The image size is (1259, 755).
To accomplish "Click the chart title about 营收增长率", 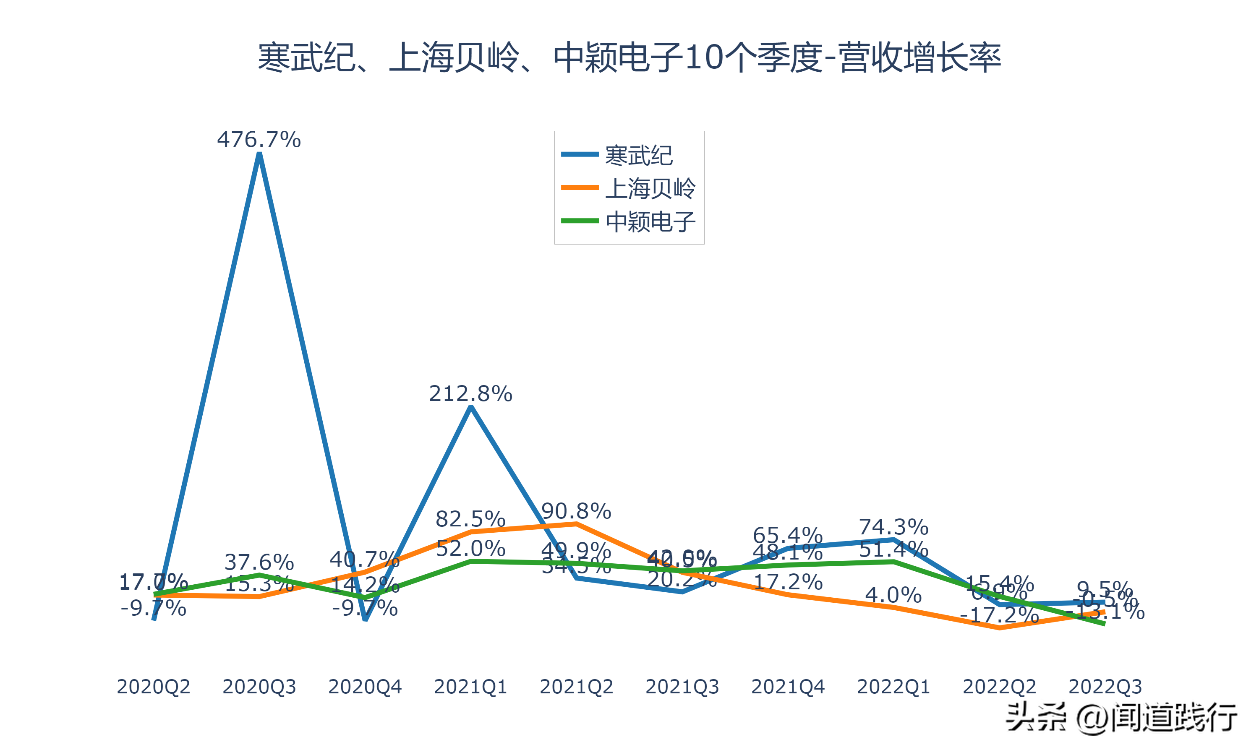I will (629, 57).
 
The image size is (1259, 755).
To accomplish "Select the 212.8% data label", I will (470, 394).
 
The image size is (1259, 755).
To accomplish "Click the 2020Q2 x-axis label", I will (153, 687).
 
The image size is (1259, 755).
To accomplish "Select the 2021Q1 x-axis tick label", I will (470, 687).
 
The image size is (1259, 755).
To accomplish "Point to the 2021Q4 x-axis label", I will (787, 687).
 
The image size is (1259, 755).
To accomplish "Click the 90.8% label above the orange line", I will (575, 511).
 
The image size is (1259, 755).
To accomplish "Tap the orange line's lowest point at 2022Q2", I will (999, 628).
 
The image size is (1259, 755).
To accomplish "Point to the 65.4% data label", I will (787, 535).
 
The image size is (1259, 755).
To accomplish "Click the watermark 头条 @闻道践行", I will (1121, 717).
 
